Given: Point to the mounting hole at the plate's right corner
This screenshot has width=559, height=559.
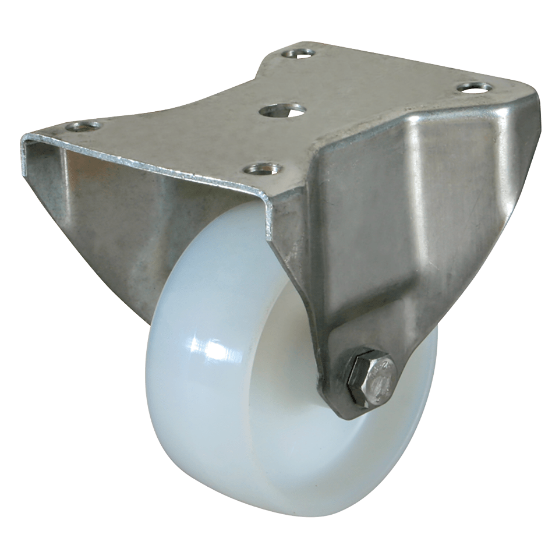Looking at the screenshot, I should pyautogui.click(x=474, y=87).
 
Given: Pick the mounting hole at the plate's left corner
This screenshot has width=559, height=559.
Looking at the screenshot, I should pyautogui.click(x=83, y=126).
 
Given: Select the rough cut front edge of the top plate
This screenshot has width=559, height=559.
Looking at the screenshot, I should pyautogui.click(x=146, y=166).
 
